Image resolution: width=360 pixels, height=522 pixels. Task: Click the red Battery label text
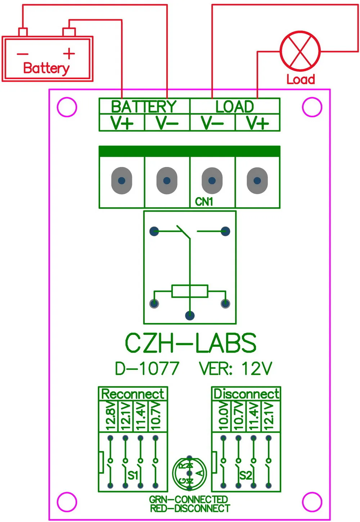click(46, 68)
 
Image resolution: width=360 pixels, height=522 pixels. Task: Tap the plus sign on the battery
click(69, 54)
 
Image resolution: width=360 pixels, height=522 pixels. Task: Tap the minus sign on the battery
click(23, 54)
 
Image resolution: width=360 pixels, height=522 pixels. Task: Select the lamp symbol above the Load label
click(300, 51)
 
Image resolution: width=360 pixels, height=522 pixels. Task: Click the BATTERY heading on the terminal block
click(144, 106)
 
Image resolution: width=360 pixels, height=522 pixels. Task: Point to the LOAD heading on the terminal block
click(235, 106)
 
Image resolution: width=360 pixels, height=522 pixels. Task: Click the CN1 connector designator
click(204, 202)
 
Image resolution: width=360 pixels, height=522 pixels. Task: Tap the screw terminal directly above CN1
click(212, 181)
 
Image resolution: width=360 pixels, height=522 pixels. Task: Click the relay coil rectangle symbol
click(190, 291)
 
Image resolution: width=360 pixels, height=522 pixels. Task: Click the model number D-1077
click(147, 369)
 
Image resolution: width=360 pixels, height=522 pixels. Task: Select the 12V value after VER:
click(256, 369)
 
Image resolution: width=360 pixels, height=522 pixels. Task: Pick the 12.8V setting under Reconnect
click(111, 416)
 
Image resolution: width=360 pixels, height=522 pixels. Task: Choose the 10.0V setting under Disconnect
click(224, 416)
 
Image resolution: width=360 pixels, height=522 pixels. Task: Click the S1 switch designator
click(133, 475)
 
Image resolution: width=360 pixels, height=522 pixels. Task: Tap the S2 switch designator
click(246, 475)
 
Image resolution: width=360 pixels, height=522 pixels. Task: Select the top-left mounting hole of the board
click(67, 107)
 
